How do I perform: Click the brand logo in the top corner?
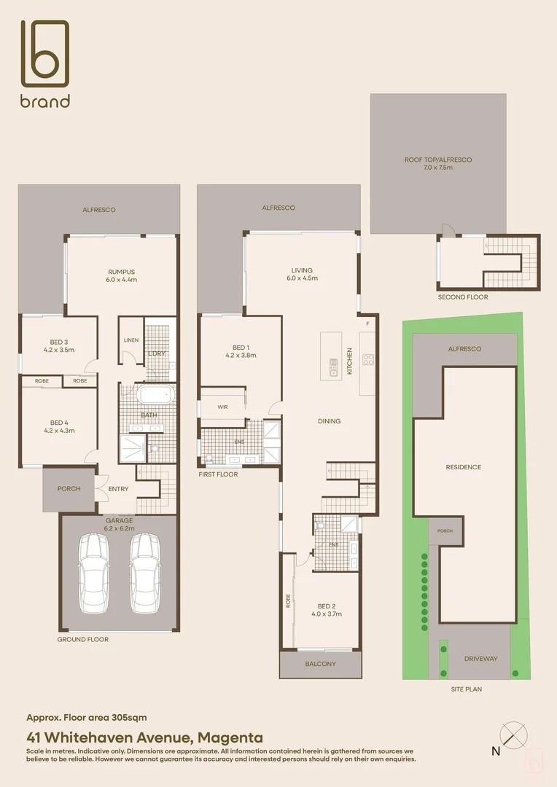coord(45,64)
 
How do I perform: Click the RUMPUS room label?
coord(122,275)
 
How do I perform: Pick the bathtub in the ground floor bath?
coord(155,396)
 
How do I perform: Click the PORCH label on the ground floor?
coord(69,489)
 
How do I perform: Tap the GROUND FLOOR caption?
coord(83,639)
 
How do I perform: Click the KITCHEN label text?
coord(349,361)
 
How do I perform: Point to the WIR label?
coord(223,407)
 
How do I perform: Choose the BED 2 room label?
coord(327,610)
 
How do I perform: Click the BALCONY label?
coord(321,664)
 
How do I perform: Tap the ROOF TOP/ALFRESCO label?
coord(438,163)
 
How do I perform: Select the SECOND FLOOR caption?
coord(463,297)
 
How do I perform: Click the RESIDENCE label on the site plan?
coord(464,467)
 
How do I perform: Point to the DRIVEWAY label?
coord(480,659)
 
